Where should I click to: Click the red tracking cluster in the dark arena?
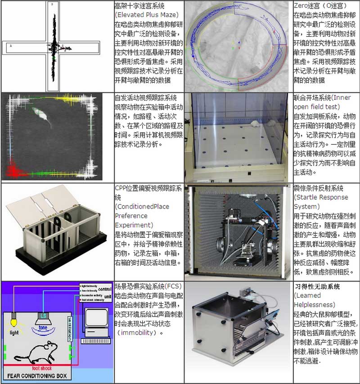click(x=12, y=170)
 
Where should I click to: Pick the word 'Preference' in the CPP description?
click(x=130, y=216)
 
